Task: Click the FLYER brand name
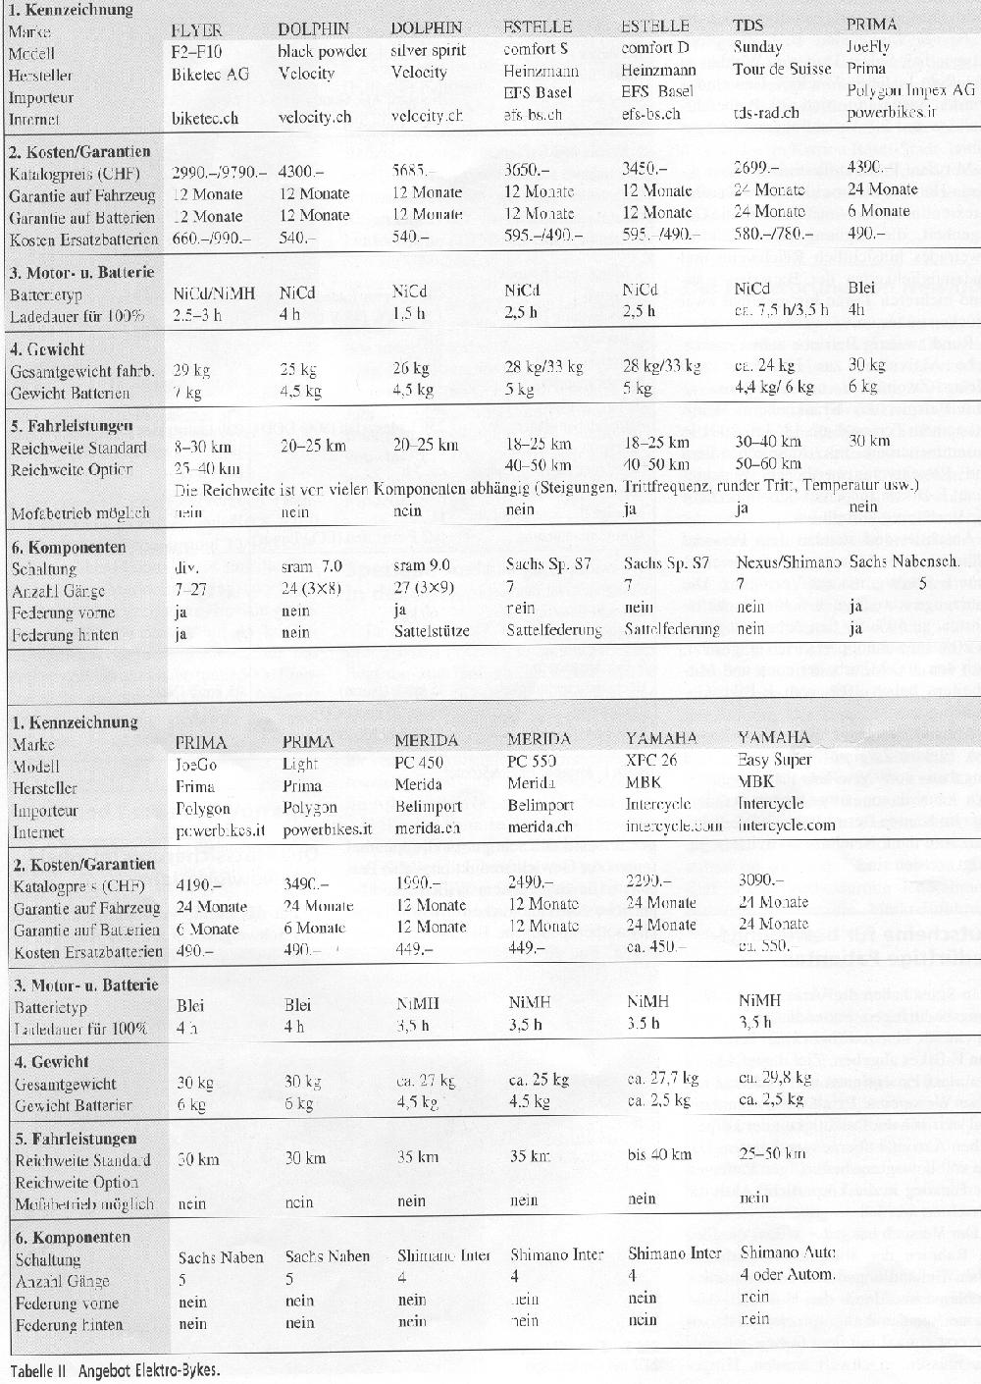(197, 28)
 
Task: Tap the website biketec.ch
(205, 118)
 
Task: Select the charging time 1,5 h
(408, 313)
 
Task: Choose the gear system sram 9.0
(422, 565)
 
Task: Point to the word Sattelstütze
(431, 631)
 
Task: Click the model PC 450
(419, 762)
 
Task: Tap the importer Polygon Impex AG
(911, 89)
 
